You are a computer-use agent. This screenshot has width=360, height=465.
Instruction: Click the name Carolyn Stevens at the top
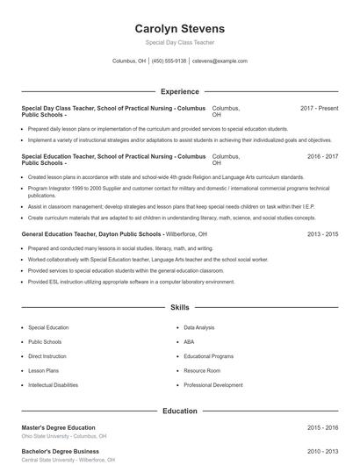pyautogui.click(x=180, y=28)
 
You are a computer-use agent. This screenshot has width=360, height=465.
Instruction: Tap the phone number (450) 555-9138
pyautogui.click(x=169, y=61)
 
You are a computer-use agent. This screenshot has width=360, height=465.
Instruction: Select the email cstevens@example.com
pyautogui.click(x=220, y=61)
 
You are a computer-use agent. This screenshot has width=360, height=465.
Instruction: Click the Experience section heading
pyautogui.click(x=180, y=91)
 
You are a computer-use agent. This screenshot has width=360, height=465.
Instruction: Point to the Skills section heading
pyautogui.click(x=180, y=308)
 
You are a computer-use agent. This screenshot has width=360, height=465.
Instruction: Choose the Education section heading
pyautogui.click(x=180, y=411)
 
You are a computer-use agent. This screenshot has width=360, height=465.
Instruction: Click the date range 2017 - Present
pyautogui.click(x=319, y=108)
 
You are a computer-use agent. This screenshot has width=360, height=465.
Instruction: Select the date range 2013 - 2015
pyautogui.click(x=322, y=235)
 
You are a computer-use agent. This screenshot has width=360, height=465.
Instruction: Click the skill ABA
pyautogui.click(x=189, y=342)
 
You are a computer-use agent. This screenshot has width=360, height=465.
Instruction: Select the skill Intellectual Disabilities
pyautogui.click(x=53, y=385)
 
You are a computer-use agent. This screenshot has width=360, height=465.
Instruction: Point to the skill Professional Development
pyautogui.click(x=213, y=385)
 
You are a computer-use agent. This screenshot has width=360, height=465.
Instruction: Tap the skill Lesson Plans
pyautogui.click(x=42, y=371)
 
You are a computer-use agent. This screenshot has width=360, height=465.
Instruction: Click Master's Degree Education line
pyautogui.click(x=58, y=427)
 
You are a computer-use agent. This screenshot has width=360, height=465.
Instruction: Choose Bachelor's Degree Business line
pyautogui.click(x=60, y=451)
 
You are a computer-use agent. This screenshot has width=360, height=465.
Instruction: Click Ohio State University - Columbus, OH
pyautogui.click(x=64, y=436)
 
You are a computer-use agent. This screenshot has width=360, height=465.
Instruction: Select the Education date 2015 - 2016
pyautogui.click(x=322, y=427)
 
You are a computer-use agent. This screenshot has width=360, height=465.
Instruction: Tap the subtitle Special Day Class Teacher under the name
pyautogui.click(x=180, y=42)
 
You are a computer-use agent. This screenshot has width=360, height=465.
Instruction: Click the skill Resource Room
pyautogui.click(x=202, y=371)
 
